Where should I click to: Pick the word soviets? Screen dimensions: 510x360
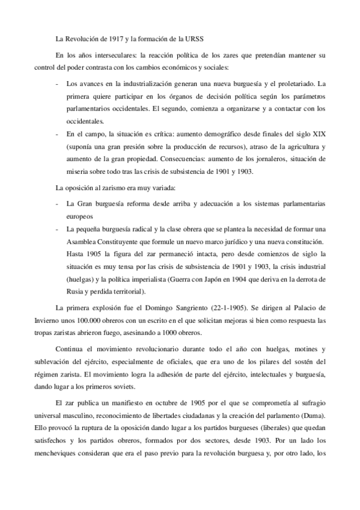point(126,387)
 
